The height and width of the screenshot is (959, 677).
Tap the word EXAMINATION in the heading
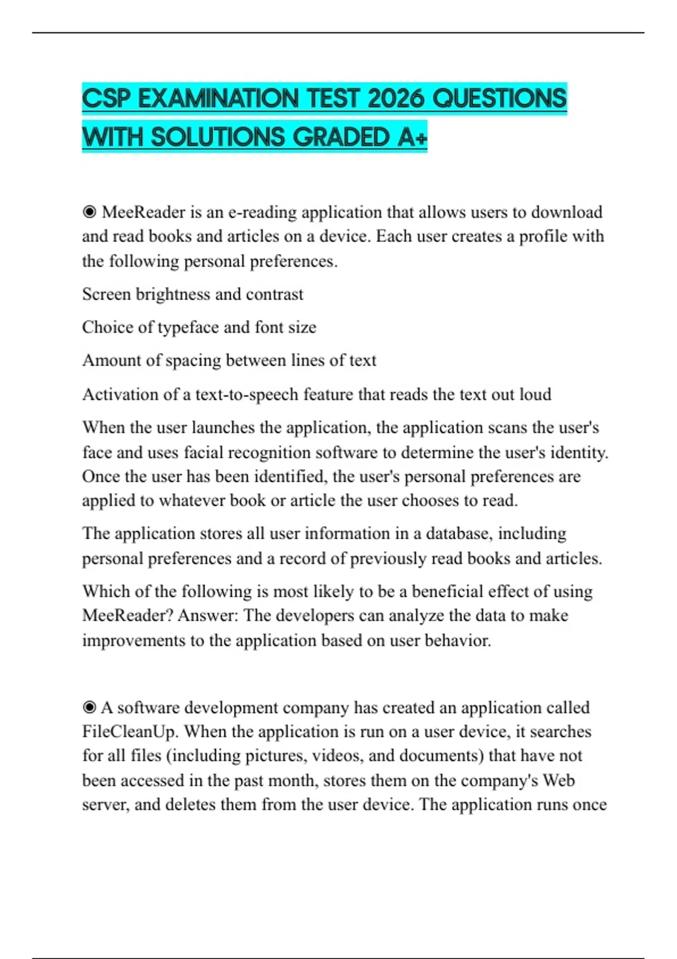[218, 99]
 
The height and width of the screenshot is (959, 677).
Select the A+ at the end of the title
[412, 137]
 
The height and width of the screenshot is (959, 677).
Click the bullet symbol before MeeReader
[89, 212]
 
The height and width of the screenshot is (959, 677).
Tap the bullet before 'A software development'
[89, 707]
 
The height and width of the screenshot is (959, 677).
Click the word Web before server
[559, 780]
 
